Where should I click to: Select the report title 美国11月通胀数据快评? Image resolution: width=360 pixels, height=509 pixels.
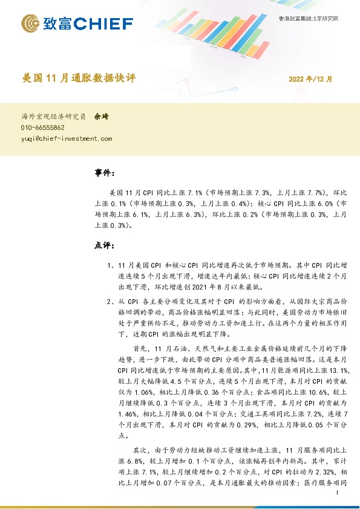(x=79, y=78)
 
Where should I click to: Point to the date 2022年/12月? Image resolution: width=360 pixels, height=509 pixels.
(x=310, y=79)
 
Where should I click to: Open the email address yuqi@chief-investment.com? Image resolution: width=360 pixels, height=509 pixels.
(x=67, y=138)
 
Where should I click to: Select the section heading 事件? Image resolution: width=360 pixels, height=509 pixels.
(x=105, y=173)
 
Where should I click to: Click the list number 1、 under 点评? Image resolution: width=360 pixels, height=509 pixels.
(x=110, y=265)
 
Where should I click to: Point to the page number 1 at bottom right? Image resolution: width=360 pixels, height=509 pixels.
(x=336, y=493)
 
